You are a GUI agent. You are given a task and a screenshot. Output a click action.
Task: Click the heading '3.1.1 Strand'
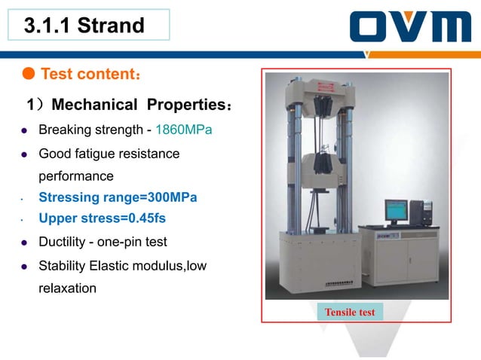[84, 26]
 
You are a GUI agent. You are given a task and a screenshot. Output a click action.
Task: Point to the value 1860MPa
[183, 130]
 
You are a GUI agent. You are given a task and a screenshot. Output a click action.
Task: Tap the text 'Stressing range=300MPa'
[118, 197]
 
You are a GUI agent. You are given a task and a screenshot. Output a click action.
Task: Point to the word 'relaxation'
[67, 288]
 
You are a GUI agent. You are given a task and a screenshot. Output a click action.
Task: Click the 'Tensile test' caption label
[350, 312]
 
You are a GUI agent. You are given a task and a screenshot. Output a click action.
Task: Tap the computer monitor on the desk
[395, 211]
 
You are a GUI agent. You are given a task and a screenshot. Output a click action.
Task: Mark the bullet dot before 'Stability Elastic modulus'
[23, 266]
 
